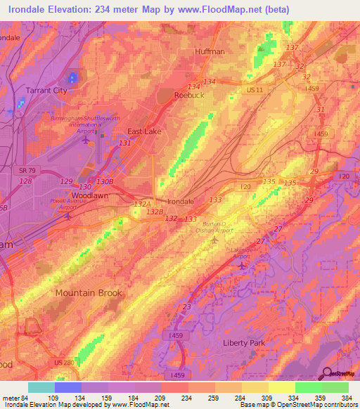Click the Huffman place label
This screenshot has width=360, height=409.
pyautogui.click(x=210, y=52)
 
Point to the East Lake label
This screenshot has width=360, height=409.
pyautogui.click(x=144, y=131)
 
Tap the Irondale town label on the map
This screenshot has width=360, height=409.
pyautogui.click(x=181, y=202)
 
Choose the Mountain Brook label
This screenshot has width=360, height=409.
pyautogui.click(x=89, y=293)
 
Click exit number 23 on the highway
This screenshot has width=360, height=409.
pyautogui.click(x=186, y=306)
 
